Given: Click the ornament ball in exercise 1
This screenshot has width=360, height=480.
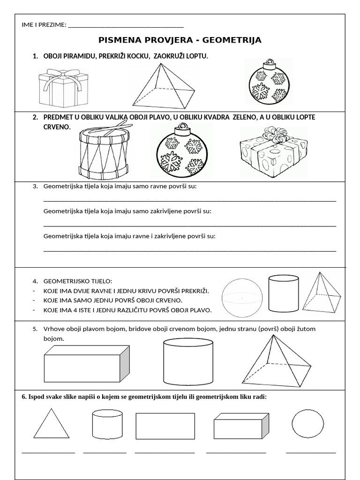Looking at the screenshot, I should tap(269, 84).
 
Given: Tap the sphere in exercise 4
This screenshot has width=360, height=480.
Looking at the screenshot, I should tap(241, 297).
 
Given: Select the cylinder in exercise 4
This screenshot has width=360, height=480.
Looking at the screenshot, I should tap(283, 294).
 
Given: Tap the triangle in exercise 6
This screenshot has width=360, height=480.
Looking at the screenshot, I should tap(51, 424).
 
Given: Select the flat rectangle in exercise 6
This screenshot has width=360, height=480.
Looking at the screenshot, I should tap(165, 425).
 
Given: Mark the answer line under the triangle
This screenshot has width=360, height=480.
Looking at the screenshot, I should tap(48, 453).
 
